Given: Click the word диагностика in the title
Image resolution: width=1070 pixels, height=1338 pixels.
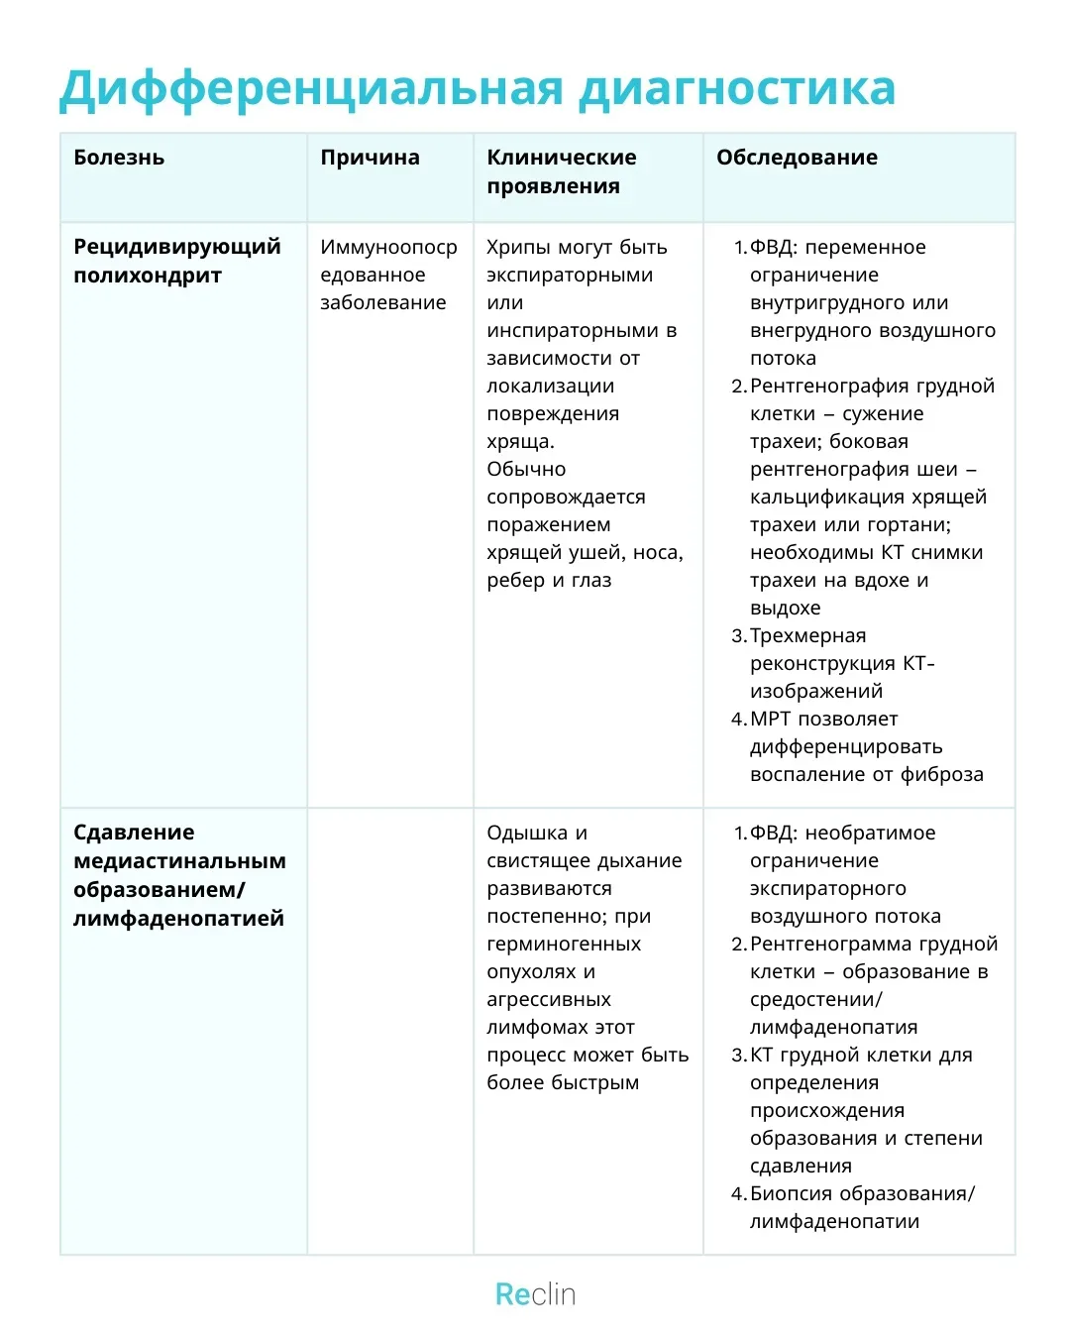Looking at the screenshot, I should coord(737,89).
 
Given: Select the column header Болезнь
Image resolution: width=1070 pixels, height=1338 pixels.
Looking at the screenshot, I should coord(119,158).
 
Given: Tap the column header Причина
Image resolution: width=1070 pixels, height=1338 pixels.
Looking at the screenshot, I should coord(370,158).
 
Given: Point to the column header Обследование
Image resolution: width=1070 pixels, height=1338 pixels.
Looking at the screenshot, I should coord(797,158).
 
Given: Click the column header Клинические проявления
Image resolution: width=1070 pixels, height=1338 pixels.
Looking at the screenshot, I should coord(561,171).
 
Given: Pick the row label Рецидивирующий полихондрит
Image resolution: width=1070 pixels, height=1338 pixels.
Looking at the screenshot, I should coord(176,261).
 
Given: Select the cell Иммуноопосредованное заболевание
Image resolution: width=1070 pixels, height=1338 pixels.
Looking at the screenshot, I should coord(387,275).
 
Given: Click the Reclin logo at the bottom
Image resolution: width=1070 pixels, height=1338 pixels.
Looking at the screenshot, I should coord(535,1294).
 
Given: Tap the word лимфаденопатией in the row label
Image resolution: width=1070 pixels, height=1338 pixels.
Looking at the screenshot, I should coord(178,919).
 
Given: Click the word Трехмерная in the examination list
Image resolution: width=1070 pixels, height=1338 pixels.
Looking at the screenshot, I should coord(807,635).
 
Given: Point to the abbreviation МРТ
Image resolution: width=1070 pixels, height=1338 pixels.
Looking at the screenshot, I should coord(770,719).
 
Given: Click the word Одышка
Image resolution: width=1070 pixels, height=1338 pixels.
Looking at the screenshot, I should coord(526,833).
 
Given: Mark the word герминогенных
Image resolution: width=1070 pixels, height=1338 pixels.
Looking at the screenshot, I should coord(563,944).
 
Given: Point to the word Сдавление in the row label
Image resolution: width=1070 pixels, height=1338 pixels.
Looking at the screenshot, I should coord(134,833).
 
